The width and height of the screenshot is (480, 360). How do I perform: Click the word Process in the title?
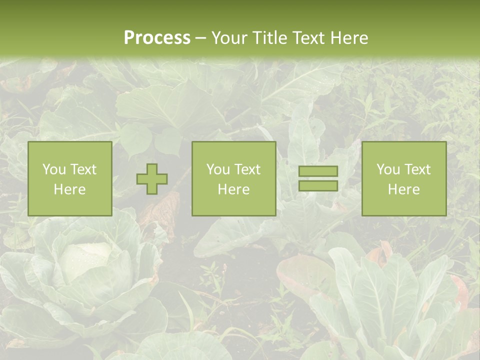click(157, 38)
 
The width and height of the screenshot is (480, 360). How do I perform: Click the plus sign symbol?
click(152, 179)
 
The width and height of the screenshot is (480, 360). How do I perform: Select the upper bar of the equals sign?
click(318, 171)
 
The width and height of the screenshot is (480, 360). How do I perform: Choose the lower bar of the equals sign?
click(318, 186)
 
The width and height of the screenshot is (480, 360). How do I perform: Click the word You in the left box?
click(53, 169)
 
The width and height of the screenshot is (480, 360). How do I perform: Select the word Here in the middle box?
click(234, 189)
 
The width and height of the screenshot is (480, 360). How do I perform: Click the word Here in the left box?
click(70, 189)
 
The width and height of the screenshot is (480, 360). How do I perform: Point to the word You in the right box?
click(387, 169)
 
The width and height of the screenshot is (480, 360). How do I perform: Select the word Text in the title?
click(307, 38)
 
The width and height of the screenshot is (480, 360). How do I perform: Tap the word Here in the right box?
click(404, 189)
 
